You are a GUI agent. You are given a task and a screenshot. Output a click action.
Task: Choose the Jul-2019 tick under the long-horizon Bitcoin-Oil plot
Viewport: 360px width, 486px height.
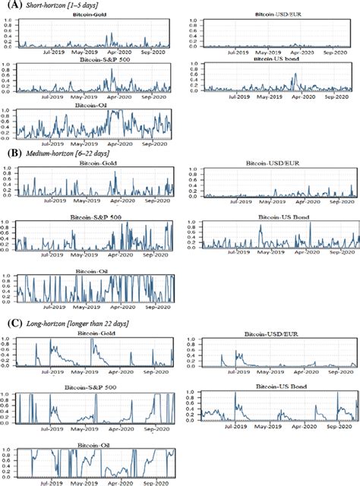[x=52, y=481]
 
